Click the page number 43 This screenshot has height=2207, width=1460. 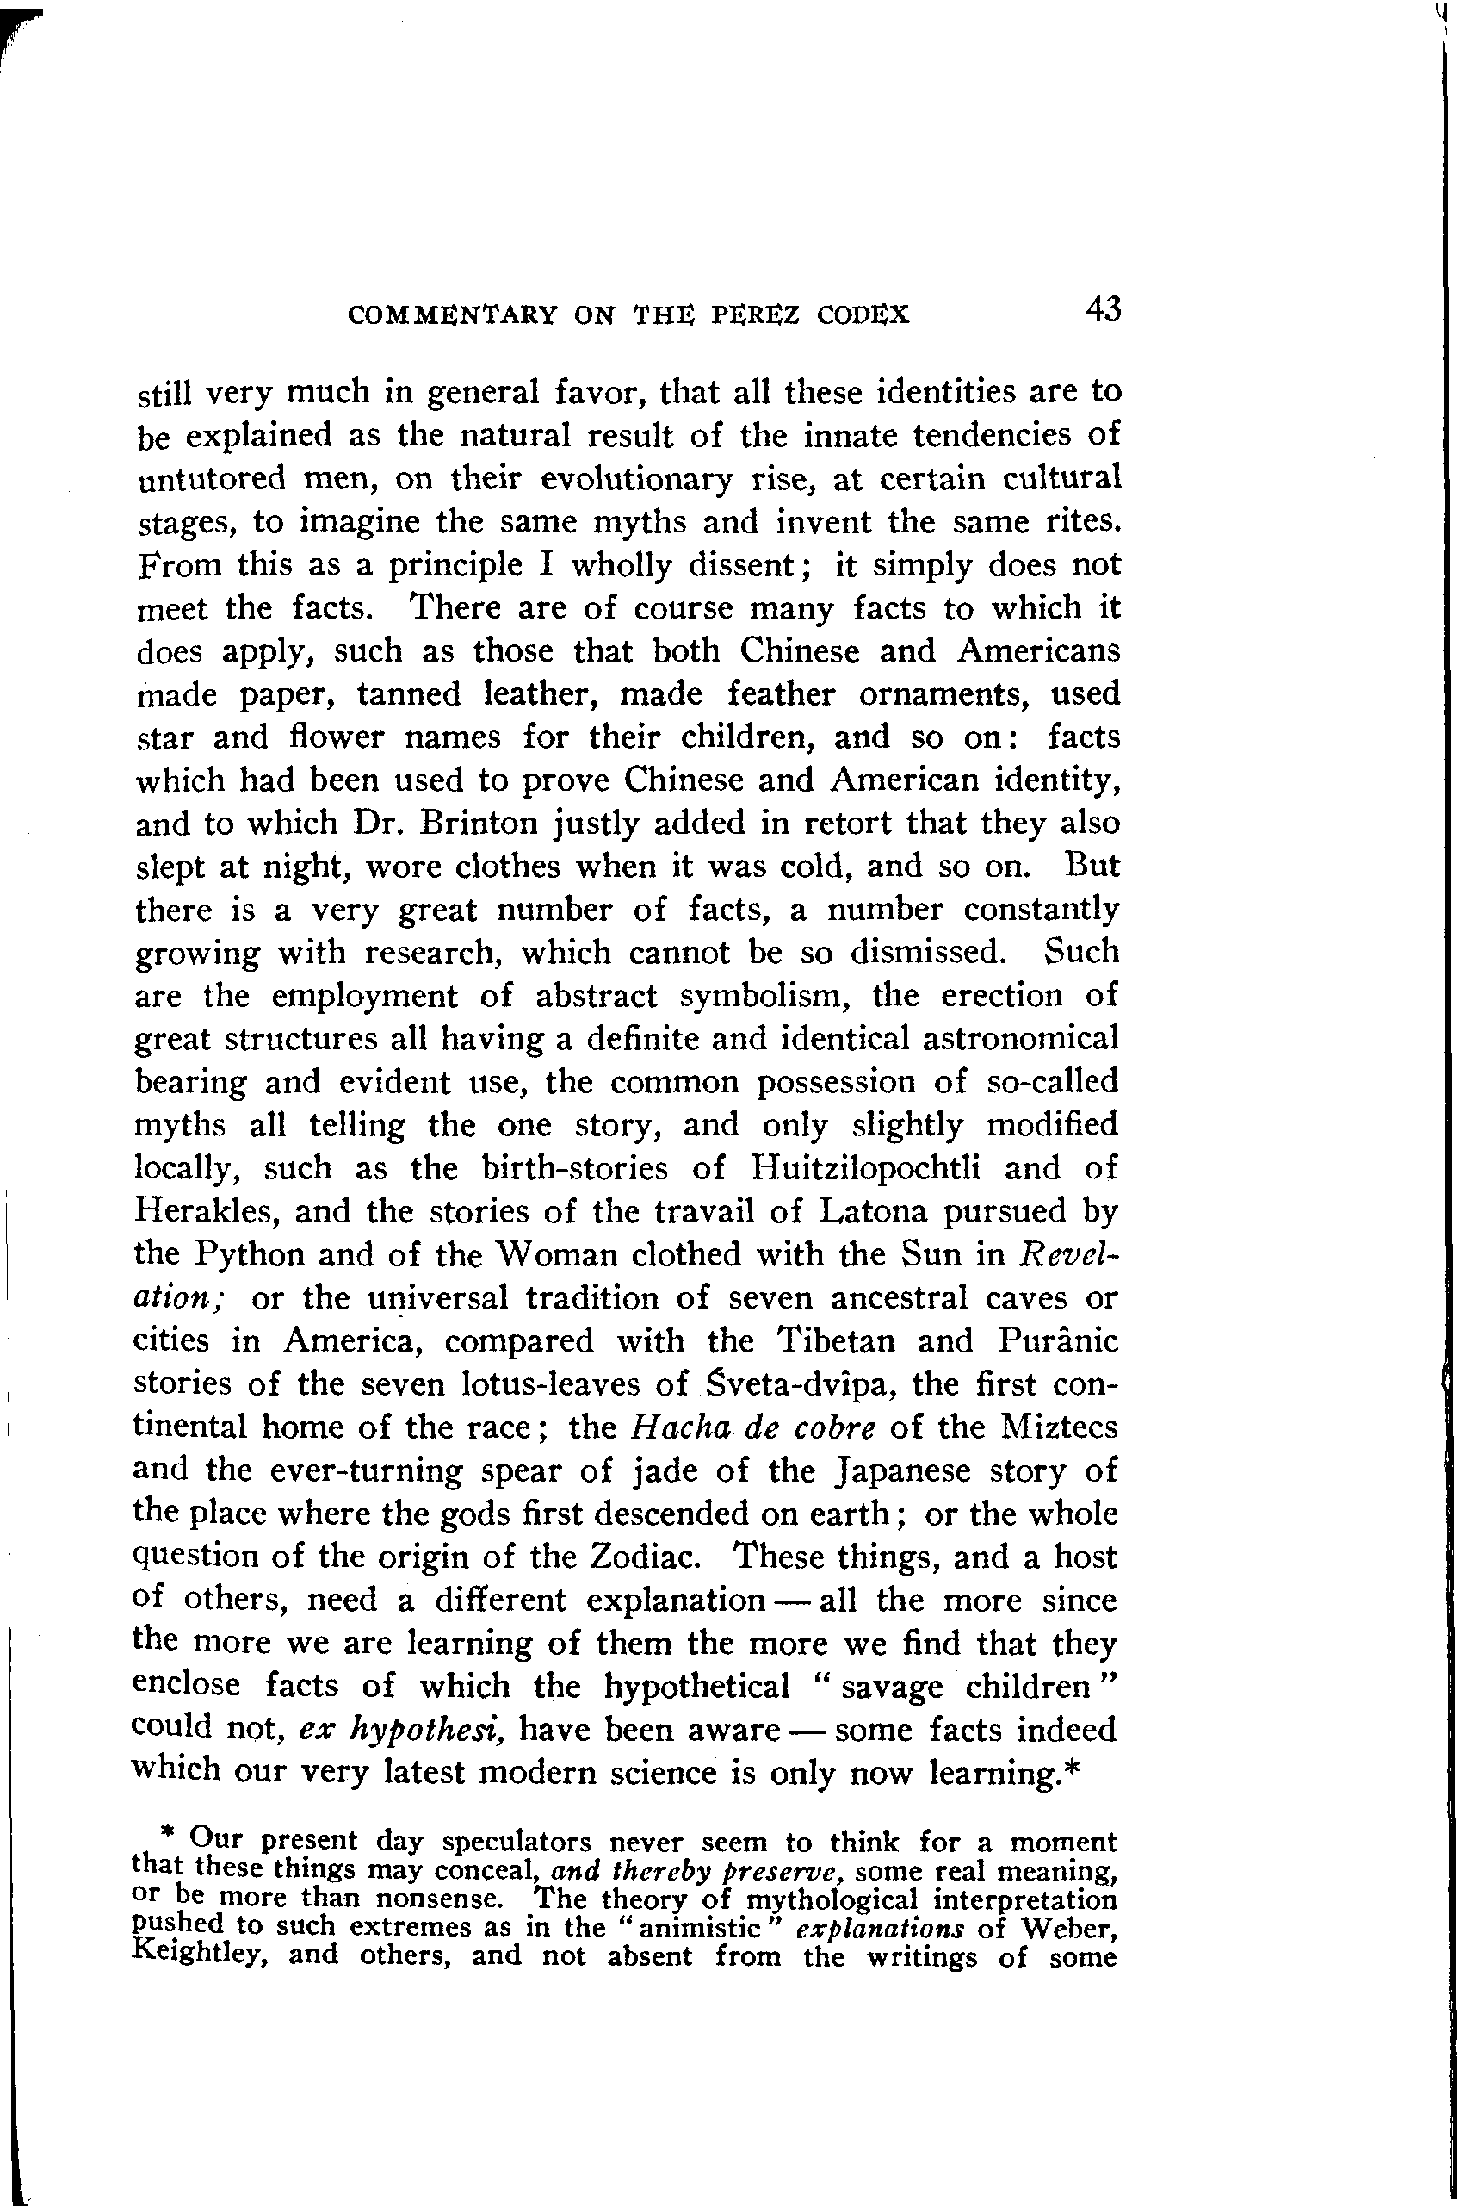pos(1103,309)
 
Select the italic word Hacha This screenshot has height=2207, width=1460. pos(673,1427)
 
